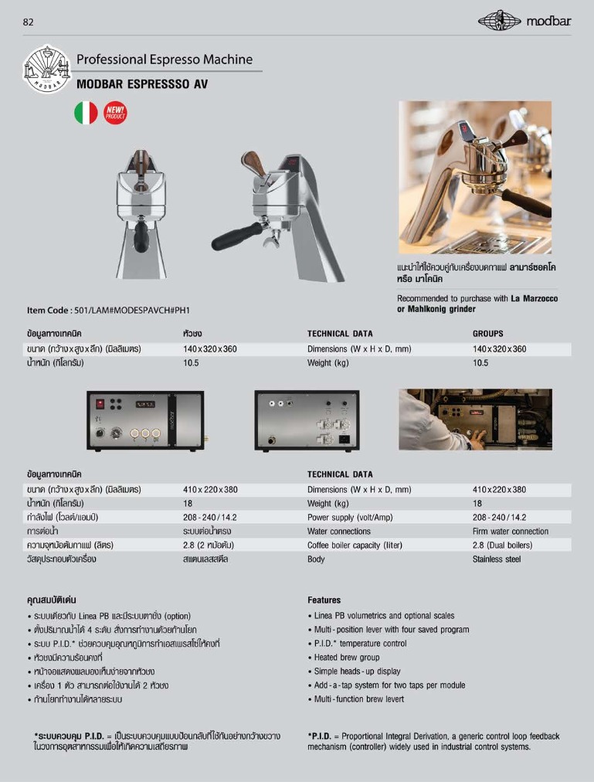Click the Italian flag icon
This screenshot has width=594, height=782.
[86, 113]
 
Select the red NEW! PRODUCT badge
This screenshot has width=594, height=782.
[115, 113]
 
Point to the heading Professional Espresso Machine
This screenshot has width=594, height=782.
[165, 59]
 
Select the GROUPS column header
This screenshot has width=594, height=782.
[487, 334]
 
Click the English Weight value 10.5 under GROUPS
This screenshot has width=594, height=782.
[480, 362]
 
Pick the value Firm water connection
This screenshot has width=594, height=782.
[510, 531]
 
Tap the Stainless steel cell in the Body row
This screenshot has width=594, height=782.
[497, 559]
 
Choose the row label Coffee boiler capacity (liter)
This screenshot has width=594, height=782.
[355, 545]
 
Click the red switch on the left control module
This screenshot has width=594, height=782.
[99, 403]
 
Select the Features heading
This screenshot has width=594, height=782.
[324, 600]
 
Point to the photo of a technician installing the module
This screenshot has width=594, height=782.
[474, 420]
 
